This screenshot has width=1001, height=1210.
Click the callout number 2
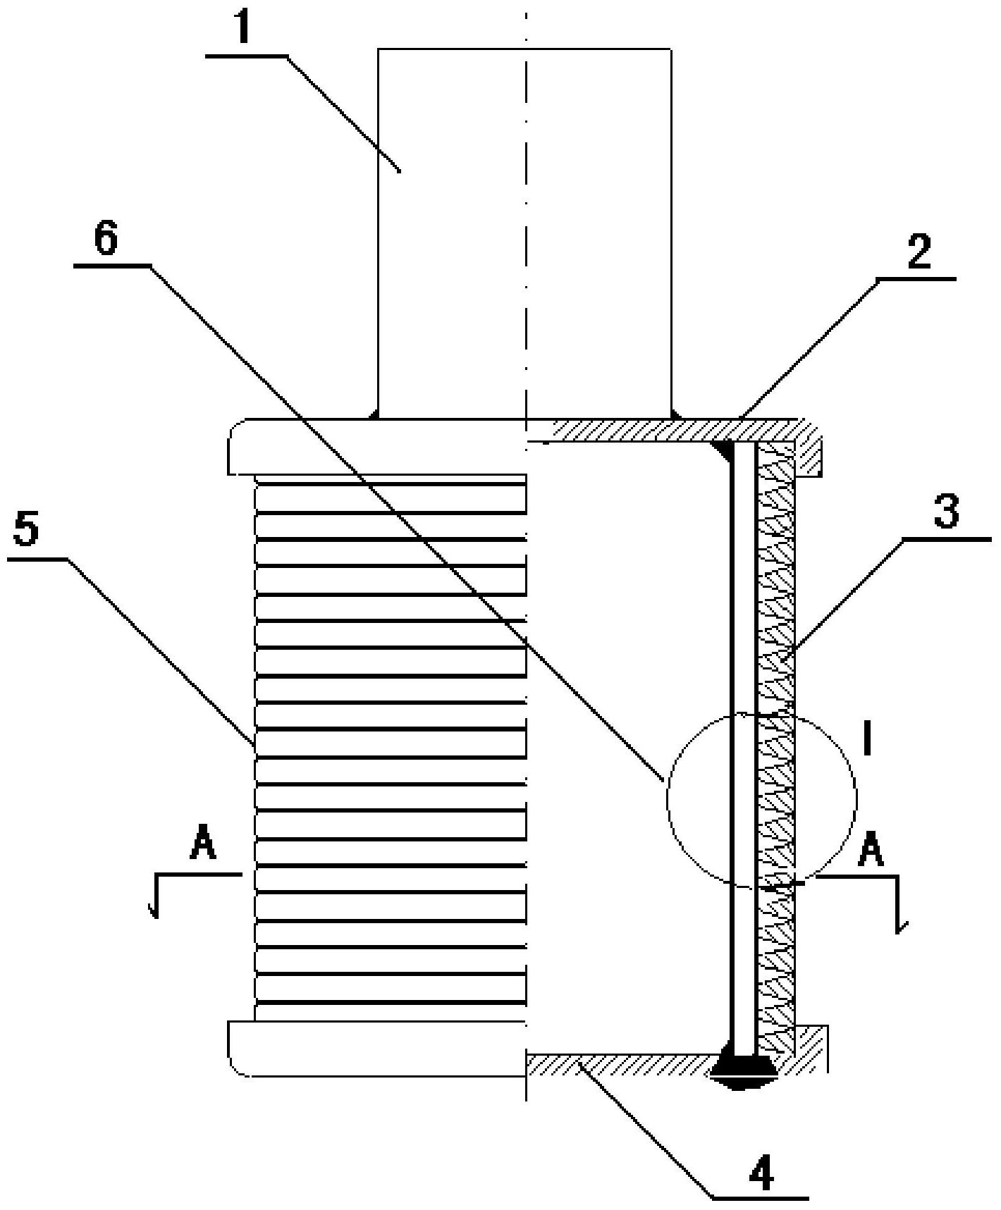(x=919, y=252)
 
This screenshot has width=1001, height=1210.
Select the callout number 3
(x=946, y=512)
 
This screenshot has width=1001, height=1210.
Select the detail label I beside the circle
(x=868, y=741)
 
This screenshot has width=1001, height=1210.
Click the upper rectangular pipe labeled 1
(x=524, y=233)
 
